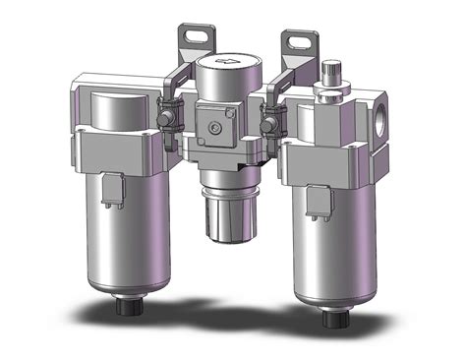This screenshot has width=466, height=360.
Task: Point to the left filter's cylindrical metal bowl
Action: coord(128,236)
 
